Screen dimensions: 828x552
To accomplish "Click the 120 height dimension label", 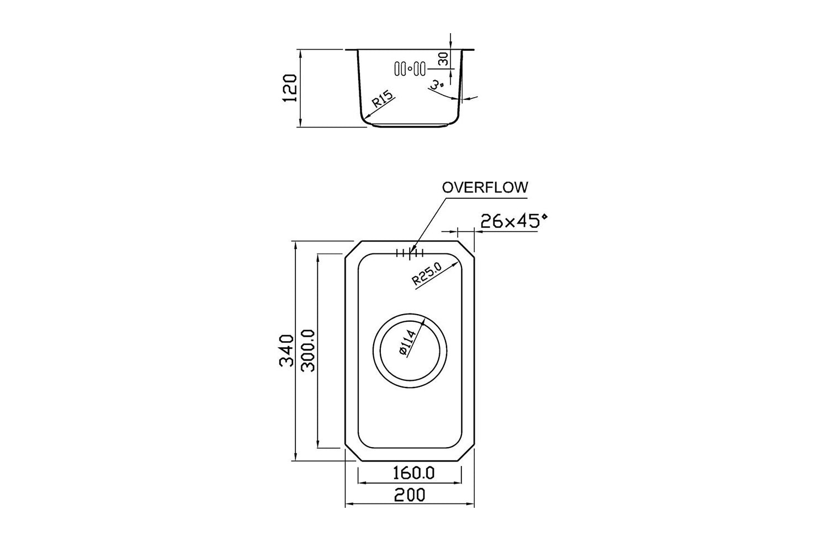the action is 290,88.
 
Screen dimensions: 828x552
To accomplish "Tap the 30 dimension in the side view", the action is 443,59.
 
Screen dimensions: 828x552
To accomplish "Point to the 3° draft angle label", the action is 437,86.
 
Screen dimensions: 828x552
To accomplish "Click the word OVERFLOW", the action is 485,188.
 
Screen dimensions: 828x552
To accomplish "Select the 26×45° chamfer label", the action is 513,221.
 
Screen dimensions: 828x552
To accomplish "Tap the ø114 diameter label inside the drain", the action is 408,343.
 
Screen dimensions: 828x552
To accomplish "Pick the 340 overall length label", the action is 286,351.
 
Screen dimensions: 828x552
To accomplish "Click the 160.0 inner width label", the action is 413,473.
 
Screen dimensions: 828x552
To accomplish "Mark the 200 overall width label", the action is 410,495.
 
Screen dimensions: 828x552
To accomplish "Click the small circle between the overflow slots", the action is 410,68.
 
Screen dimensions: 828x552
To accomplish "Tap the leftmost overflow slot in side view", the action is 397,69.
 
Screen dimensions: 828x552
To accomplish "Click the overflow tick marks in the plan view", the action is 410,253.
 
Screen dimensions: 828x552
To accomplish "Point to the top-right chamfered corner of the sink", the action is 466,249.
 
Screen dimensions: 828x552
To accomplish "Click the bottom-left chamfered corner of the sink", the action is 353,452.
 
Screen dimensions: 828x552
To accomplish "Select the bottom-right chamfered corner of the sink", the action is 466,452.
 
